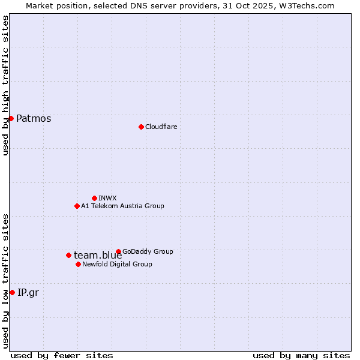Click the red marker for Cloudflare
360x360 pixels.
[141, 127]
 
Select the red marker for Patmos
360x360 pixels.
[11, 118]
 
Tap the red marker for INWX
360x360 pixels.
[94, 198]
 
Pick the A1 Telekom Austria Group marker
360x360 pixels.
[77, 206]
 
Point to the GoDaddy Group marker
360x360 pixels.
[118, 251]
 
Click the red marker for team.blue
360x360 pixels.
[68, 255]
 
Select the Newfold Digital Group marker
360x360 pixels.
[78, 264]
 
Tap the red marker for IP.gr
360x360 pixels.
[12, 292]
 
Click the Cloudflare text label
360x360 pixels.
[161, 127]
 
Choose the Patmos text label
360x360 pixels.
[34, 118]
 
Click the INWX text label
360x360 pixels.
[107, 198]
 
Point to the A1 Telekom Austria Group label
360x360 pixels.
[122, 206]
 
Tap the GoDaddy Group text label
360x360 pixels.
[148, 251]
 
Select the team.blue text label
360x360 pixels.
[98, 255]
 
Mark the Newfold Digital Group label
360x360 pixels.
[117, 264]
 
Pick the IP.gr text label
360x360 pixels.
[29, 292]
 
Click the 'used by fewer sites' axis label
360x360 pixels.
[62, 355]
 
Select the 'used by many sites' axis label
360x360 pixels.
[301, 355]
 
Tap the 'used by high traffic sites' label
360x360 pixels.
[6, 86]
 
